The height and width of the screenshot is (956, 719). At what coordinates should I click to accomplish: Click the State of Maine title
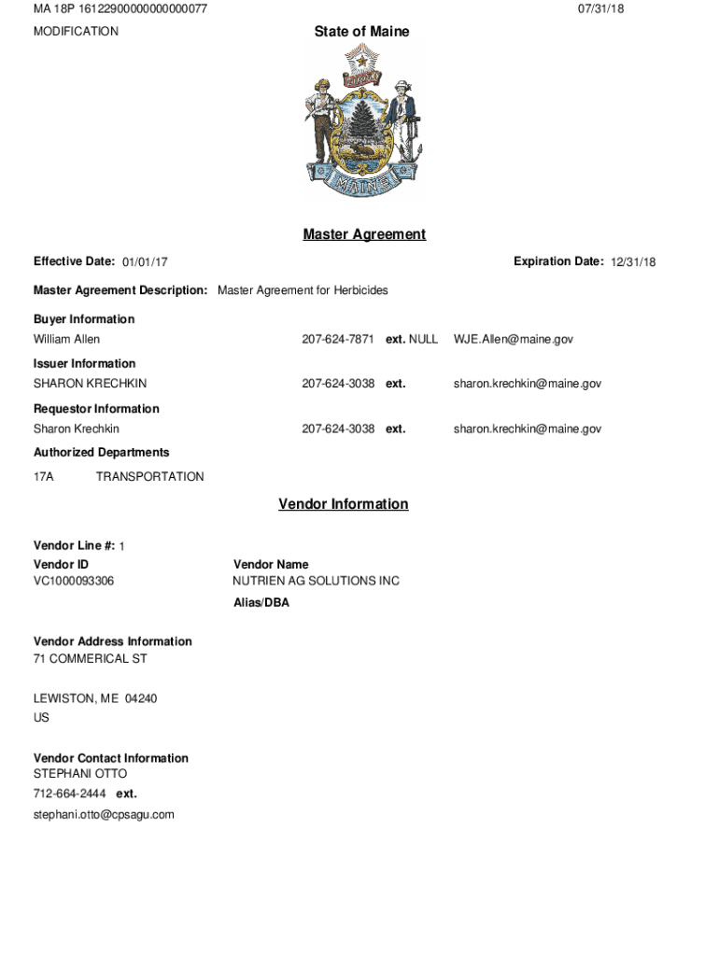coord(361,32)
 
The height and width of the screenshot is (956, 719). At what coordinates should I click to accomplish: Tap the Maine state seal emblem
coord(362,120)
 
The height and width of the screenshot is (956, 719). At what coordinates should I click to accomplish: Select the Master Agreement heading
coord(364,234)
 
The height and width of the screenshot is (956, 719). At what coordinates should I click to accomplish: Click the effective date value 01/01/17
coord(145,262)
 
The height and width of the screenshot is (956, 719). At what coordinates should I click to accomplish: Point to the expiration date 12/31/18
coord(633,262)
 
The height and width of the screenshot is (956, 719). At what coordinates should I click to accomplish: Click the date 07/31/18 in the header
coord(600,9)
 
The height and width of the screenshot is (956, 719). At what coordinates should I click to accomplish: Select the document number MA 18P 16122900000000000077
coord(120,9)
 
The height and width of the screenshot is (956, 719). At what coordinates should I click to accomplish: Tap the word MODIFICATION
coord(76,32)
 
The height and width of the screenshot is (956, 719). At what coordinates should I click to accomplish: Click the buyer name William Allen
coord(66,339)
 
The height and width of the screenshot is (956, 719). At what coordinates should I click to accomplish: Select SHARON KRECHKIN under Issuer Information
coord(90,384)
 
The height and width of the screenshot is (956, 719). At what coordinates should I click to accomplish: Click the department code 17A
coord(44,476)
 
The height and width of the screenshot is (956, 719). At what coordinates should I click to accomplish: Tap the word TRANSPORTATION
coord(149,476)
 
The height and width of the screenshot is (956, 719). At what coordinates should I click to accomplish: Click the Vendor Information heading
coord(343,504)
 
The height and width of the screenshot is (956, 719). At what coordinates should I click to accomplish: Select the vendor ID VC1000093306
coord(74,581)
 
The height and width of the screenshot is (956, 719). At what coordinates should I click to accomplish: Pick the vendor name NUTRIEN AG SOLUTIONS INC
coord(316,581)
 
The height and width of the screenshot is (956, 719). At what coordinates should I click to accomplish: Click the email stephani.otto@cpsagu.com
coord(104,814)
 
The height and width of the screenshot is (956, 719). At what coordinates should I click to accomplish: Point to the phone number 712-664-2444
coord(69,794)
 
